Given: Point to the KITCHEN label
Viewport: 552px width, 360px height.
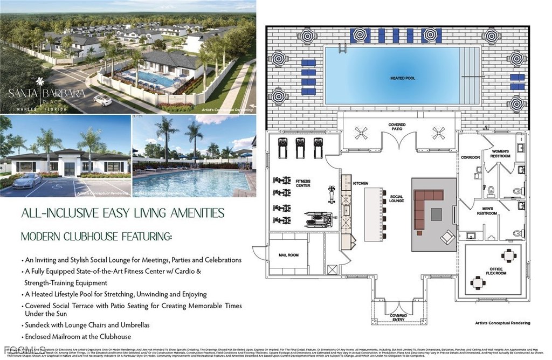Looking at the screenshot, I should [x=360, y=184].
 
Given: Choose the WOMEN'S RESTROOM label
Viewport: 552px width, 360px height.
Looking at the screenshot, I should [x=500, y=153].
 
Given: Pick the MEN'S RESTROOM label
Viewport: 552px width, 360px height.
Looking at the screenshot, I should [x=486, y=211].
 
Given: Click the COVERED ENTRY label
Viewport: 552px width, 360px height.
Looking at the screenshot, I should [x=398, y=317].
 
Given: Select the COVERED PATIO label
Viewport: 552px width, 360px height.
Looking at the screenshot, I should [x=398, y=127].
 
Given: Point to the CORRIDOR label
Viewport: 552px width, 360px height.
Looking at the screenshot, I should [x=470, y=157].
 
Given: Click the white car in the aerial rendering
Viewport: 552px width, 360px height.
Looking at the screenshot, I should [x=102, y=100].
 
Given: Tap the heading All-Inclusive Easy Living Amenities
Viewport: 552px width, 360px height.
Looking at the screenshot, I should [x=122, y=213].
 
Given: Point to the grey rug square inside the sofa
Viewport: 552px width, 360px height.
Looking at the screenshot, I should [x=436, y=214].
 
